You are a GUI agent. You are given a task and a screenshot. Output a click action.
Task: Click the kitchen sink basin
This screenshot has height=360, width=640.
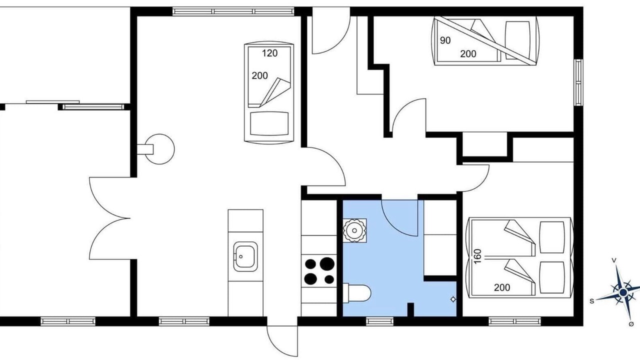pyautogui.click(x=245, y=256)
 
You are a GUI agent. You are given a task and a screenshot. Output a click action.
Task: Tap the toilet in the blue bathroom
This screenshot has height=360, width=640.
pyautogui.click(x=357, y=293)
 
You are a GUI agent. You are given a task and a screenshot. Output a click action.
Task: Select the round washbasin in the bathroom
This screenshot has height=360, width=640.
pyautogui.click(x=354, y=230)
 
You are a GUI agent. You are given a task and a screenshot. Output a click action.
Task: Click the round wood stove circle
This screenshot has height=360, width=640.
pyautogui.click(x=159, y=149)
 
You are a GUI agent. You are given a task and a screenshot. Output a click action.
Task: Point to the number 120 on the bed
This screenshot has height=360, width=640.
pyautogui.click(x=269, y=53)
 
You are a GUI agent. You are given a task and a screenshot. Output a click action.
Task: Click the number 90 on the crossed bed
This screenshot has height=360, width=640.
pyautogui.click(x=445, y=40)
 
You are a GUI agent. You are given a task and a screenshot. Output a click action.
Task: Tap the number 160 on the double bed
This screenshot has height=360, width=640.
pyautogui.click(x=477, y=256)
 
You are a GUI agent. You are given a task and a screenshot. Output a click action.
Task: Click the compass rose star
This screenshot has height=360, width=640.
pyautogui.click(x=623, y=292)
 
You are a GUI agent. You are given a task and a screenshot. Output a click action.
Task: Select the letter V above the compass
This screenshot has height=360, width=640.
pyautogui.click(x=613, y=260)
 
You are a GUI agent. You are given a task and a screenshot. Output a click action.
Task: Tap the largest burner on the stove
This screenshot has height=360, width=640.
pyautogui.click(x=327, y=263)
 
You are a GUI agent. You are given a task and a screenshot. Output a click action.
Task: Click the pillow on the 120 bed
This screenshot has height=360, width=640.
pyautogui.click(x=269, y=123)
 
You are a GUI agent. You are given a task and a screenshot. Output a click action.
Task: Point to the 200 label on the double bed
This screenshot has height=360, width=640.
pyautogui.click(x=502, y=287)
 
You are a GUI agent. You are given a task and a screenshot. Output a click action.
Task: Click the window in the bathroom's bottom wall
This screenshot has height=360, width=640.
pyautogui.click(x=379, y=321)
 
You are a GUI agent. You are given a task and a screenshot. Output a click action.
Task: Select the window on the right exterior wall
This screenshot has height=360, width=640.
pyautogui.click(x=578, y=82)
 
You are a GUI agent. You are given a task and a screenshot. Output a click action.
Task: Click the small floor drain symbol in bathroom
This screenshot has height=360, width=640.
pyautogui.click(x=453, y=299)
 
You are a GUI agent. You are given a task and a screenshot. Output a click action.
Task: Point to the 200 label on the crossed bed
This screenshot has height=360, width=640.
pyautogui.click(x=468, y=53)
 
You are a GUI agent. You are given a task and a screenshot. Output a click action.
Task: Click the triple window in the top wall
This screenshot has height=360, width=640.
pyautogui.click(x=233, y=11)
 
